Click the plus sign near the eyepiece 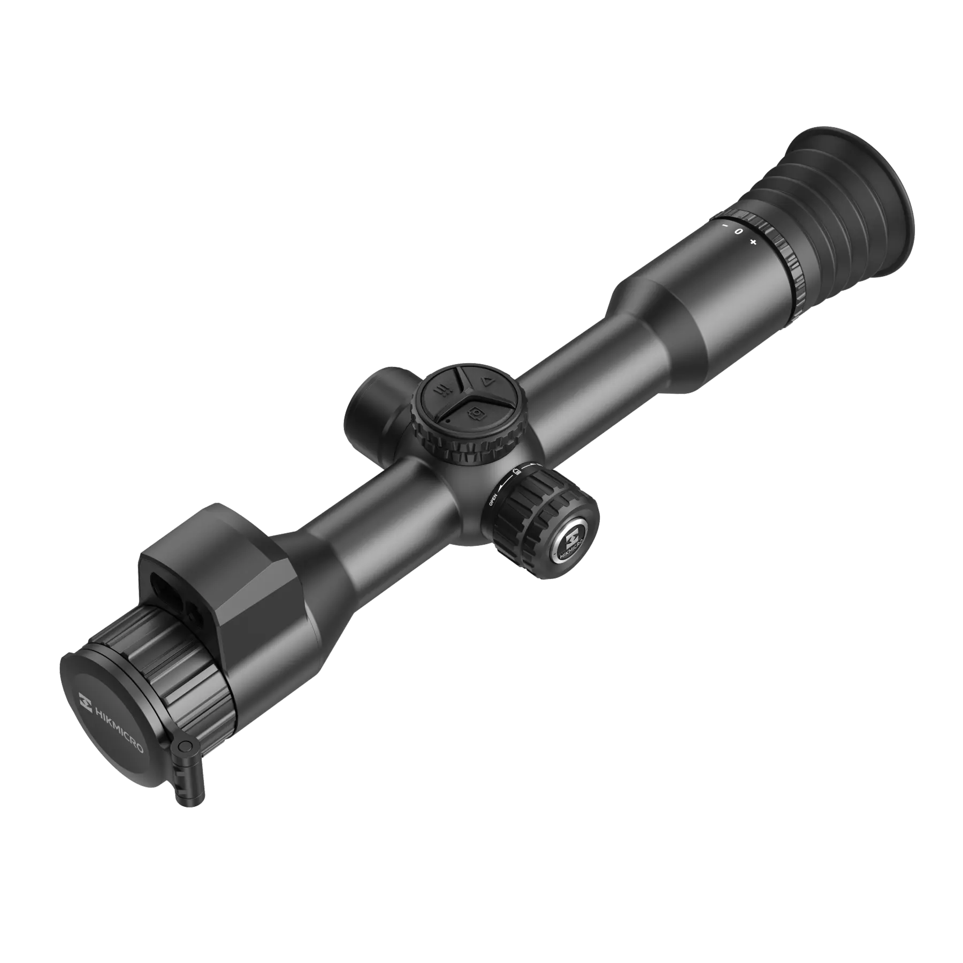(753, 242)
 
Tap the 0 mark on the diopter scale (739, 232)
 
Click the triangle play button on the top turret (487, 381)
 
